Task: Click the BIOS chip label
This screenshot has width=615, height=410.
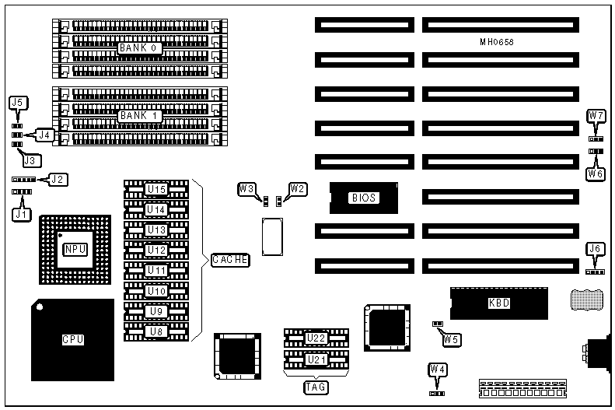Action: pos(363,198)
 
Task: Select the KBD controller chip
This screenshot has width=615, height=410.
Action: pos(499,303)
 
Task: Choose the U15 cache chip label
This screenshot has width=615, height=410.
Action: pos(156,189)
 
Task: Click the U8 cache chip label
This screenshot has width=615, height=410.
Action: pos(156,331)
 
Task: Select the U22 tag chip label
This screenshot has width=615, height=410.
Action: pos(316,338)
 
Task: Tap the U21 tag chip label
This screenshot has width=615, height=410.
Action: pos(316,360)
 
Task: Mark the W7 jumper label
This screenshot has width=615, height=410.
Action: pos(596,116)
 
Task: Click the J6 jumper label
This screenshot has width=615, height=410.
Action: pos(596,249)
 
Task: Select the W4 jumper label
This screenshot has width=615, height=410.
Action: pos(438,369)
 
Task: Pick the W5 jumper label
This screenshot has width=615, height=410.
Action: pos(451,338)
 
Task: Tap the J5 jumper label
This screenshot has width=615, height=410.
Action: pos(19,102)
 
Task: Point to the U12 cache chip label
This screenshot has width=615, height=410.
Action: pos(156,250)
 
